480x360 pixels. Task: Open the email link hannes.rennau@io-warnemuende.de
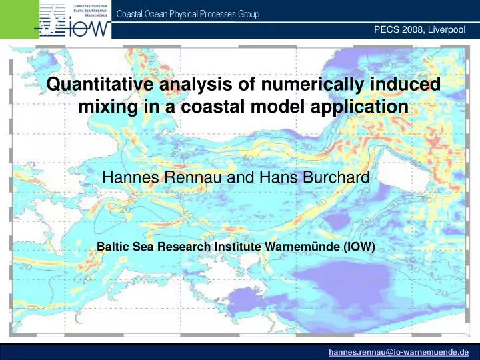pyautogui.click(x=399, y=353)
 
